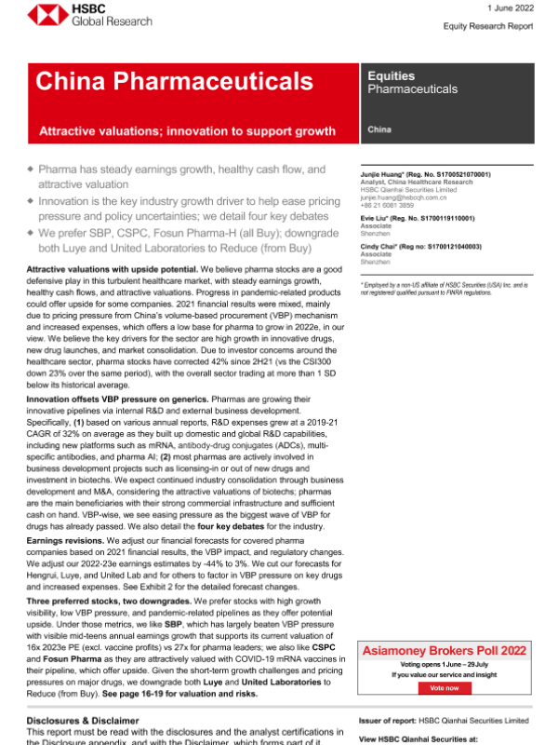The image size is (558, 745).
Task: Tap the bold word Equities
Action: (391, 75)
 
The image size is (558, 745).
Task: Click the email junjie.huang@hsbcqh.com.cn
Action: (406, 197)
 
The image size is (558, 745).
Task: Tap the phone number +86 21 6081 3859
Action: (390, 205)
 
